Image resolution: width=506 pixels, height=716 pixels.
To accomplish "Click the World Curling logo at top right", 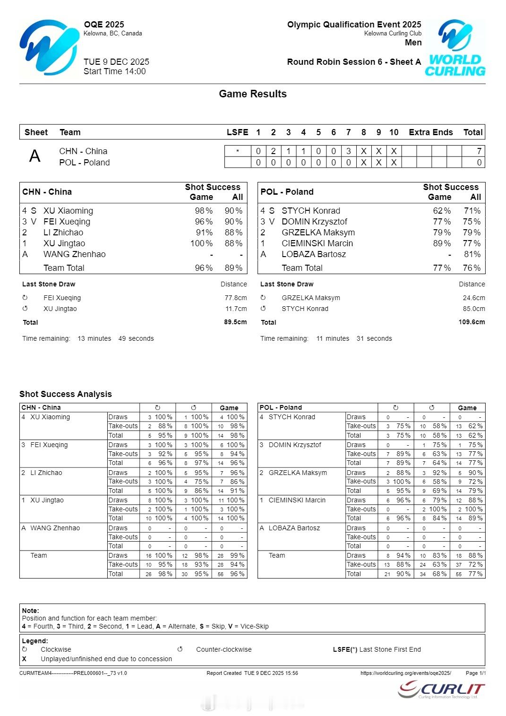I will point(455,48).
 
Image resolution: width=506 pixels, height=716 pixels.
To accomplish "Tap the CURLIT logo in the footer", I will point(441,690).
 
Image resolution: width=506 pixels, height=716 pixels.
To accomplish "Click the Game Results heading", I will point(253,94).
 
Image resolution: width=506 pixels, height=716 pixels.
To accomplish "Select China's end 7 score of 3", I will point(349,151).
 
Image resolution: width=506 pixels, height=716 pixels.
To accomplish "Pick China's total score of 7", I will point(479,151).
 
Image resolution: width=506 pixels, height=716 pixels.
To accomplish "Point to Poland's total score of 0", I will point(479,163).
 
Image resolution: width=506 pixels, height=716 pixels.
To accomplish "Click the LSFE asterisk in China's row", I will point(237,151).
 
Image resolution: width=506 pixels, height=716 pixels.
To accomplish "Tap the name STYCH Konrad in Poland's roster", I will point(310,211).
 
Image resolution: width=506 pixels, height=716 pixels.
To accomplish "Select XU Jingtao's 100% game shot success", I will point(201,243).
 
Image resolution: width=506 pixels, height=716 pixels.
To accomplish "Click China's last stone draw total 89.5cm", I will point(235,322).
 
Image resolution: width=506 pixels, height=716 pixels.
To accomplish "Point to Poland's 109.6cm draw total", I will point(472,322).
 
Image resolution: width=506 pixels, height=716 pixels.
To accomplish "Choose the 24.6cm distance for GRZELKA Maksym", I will point(474,298).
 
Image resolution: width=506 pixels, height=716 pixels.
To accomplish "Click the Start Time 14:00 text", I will point(114,71).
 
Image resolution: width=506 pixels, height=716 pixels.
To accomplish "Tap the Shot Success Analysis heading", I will point(66,394).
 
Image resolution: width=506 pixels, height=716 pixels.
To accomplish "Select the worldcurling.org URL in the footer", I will point(405,673).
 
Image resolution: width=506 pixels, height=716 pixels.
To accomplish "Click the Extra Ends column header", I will point(430,132).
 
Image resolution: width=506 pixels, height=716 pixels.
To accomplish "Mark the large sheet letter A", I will point(35,156).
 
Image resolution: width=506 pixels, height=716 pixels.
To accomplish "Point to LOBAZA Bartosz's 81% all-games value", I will point(472,254).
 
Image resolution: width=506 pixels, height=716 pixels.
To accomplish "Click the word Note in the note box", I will point(30,611).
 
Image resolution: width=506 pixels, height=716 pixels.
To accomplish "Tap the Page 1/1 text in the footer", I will point(475,673).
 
